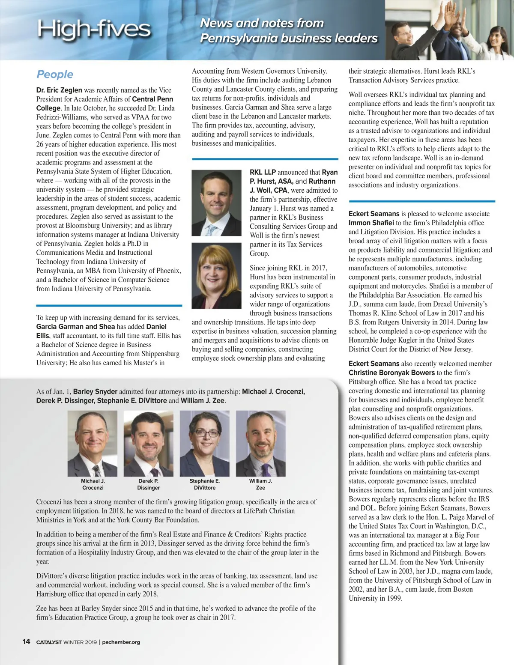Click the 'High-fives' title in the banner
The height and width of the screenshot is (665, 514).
pos(94,29)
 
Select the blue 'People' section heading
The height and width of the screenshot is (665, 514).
pos(55,75)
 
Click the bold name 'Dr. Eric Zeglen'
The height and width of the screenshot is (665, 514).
pos(59,90)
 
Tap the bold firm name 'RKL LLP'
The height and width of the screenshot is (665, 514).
pos(263,172)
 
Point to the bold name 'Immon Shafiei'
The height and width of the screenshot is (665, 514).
pos(371,223)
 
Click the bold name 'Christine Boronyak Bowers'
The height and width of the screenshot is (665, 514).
pos(385,373)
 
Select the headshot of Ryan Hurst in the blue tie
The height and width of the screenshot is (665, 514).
pos(216,203)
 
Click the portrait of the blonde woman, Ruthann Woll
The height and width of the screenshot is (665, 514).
pos(216,276)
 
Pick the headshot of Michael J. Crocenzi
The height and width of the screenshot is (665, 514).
pos(93,444)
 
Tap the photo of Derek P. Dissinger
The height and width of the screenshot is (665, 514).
pos(149,444)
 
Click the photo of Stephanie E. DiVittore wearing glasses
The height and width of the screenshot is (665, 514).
pos(205,444)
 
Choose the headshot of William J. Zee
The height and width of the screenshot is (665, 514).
pos(260,444)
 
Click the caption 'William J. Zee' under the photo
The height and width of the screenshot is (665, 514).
pos(260,484)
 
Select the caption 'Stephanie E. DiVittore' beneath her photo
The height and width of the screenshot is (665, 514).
pos(205,484)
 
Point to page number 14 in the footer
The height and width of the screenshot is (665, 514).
pos(26,641)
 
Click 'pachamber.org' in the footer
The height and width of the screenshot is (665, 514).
pos(121,642)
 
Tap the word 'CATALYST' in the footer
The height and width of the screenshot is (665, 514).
pos(49,642)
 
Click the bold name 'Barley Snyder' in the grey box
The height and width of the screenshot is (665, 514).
pos(95,391)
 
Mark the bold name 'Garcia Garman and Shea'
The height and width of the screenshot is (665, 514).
pos(75,326)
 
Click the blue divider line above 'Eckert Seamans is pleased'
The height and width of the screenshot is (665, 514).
pos(422,201)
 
